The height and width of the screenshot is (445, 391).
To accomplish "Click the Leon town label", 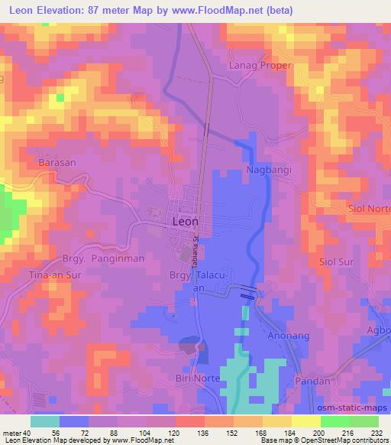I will [x=182, y=221].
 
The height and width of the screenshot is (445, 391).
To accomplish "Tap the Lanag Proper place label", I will [x=260, y=66].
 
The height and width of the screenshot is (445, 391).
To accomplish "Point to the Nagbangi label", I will [x=269, y=169].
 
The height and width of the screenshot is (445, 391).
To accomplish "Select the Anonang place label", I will [x=285, y=334].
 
